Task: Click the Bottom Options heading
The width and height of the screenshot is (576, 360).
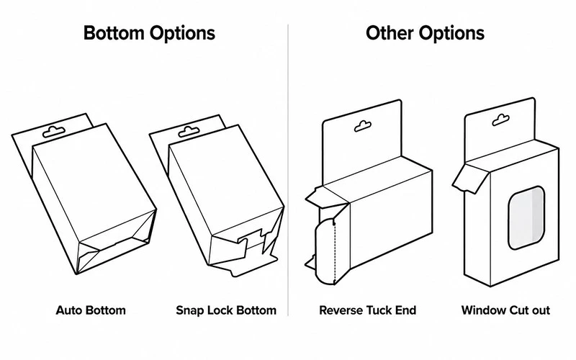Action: (149, 33)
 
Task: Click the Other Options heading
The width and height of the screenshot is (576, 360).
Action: (425, 33)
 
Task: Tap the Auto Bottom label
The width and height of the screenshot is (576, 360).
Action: (91, 310)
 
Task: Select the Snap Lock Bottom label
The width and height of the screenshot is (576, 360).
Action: (226, 310)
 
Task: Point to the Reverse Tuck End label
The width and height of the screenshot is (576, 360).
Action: (368, 310)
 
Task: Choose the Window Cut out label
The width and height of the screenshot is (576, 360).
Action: (505, 310)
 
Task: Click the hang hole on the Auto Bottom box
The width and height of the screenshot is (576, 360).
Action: (54, 132)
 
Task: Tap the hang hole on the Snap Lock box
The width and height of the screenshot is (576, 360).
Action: (189, 132)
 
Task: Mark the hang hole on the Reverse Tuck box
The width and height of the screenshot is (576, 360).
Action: (363, 126)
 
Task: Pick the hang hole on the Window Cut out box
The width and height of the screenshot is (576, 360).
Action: (500, 120)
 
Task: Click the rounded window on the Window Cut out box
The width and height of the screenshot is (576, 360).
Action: (526, 217)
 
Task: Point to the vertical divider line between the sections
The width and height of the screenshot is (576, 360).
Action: (288, 170)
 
